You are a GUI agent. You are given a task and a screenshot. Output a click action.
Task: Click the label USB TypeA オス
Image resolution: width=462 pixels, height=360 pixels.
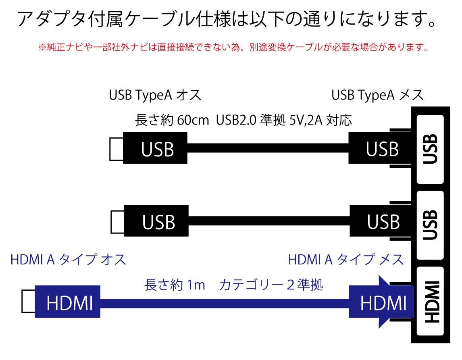click(x=155, y=96)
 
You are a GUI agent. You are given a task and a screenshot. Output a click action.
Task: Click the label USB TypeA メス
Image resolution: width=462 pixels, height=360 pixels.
click(x=377, y=96)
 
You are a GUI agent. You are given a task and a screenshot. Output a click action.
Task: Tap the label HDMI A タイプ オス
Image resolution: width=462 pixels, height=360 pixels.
click(x=68, y=260)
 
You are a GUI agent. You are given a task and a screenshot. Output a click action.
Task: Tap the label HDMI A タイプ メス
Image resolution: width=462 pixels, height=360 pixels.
click(x=346, y=260)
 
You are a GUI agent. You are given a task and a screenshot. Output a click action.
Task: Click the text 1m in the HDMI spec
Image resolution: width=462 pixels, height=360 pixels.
click(x=196, y=285)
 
